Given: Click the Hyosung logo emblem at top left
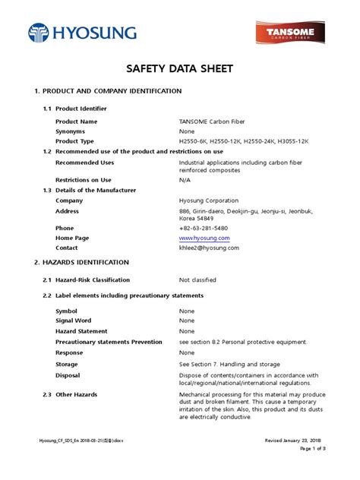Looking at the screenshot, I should coord(38,33).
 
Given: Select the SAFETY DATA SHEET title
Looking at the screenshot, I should coord(180,69).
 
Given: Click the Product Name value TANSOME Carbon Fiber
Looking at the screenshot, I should coord(213,122).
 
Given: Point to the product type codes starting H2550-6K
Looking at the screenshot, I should coord(244,141).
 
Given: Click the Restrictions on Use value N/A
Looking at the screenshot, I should coord(185,180).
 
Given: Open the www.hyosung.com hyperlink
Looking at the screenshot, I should coord(204,238).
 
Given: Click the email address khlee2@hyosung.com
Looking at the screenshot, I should coord(209,248).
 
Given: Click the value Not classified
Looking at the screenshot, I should coord(197,280).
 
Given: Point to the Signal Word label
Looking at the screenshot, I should coord(74,321).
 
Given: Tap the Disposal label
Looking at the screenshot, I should coord(68,374).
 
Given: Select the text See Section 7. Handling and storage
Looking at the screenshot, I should coord(229,364).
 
